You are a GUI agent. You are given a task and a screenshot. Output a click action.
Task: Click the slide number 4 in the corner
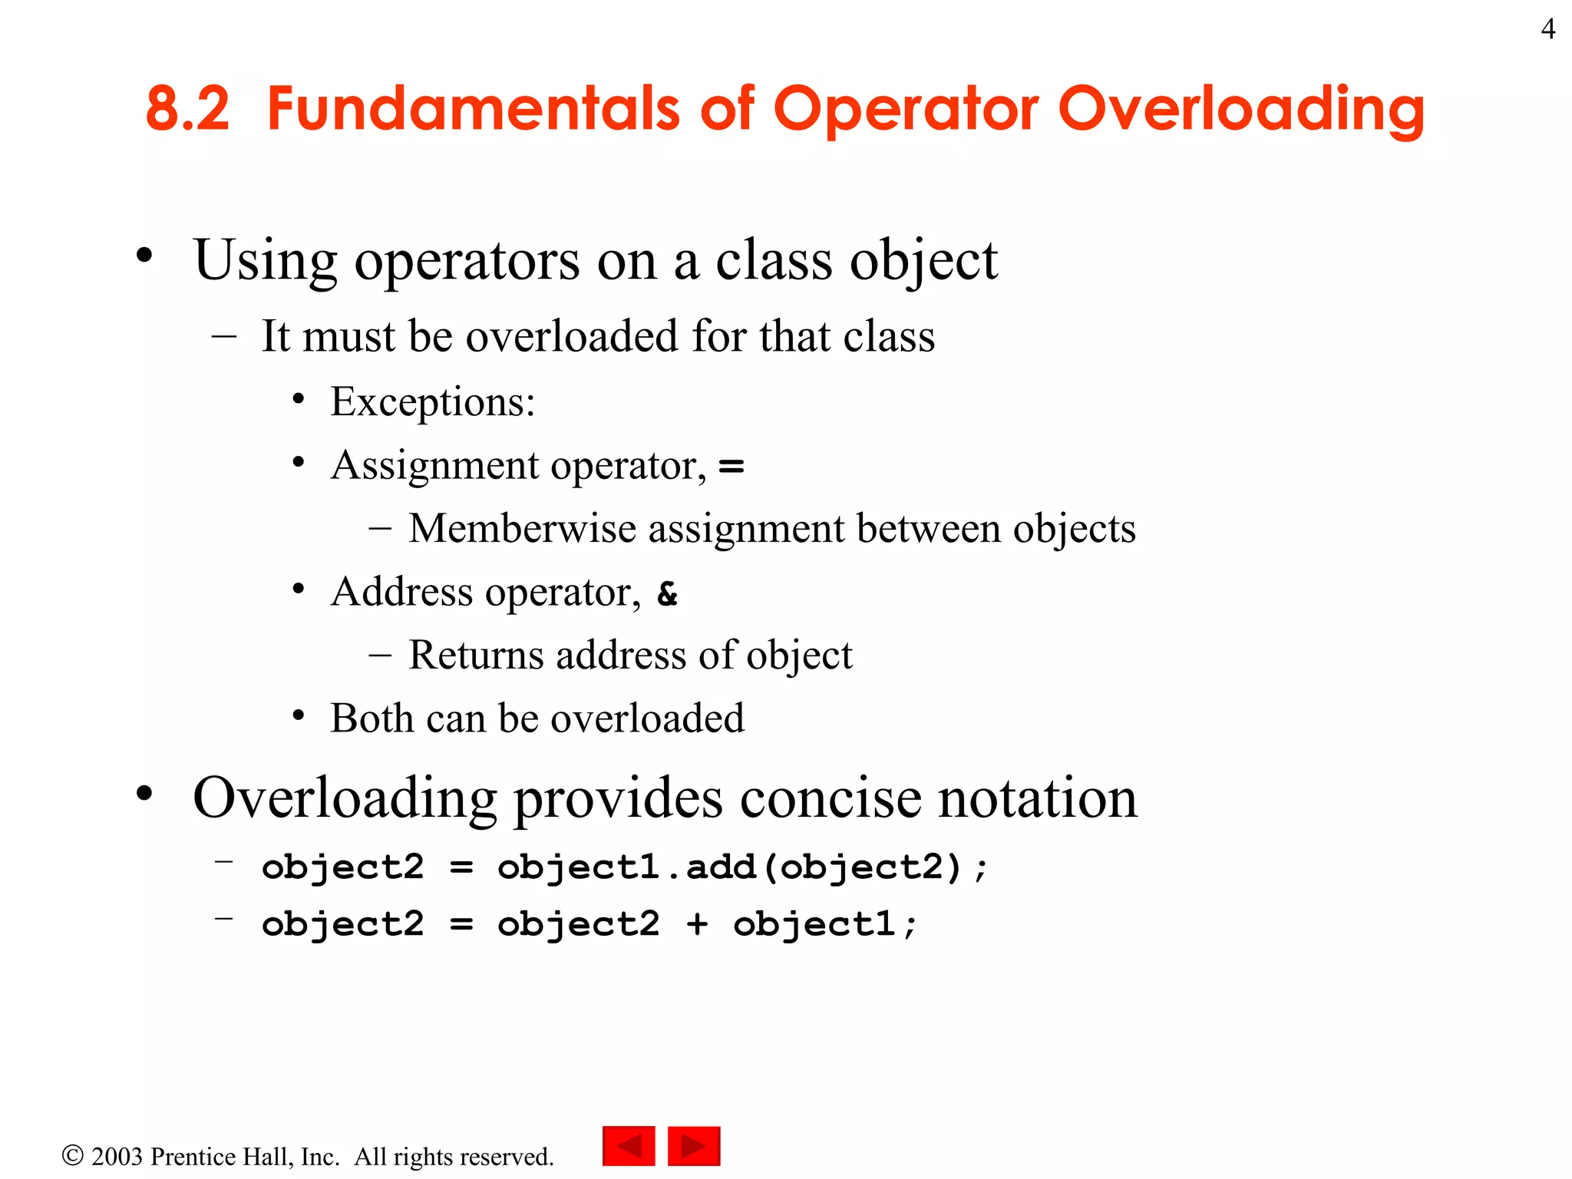tap(1547, 29)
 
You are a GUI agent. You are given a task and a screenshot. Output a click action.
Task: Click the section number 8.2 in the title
tap(187, 109)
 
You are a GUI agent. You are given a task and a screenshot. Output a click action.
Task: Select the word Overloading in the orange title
tap(1241, 109)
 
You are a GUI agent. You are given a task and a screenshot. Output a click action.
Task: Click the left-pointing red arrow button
tap(629, 1146)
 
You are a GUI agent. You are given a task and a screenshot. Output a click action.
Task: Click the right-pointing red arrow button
tap(694, 1146)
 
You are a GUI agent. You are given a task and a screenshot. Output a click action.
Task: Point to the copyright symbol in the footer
tap(72, 1155)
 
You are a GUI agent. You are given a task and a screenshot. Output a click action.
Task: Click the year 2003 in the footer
tap(117, 1157)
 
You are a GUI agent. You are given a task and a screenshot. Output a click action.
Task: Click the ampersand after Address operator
tap(668, 593)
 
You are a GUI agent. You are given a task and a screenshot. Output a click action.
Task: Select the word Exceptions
tap(432, 401)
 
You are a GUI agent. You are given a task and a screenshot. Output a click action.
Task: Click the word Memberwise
tap(522, 529)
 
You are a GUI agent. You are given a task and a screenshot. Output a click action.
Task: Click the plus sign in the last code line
tap(697, 923)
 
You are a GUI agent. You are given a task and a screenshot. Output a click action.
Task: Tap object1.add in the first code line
tap(626, 867)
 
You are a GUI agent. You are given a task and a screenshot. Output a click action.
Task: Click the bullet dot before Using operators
tap(144, 256)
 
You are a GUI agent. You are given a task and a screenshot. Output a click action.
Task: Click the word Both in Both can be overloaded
tap(372, 718)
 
